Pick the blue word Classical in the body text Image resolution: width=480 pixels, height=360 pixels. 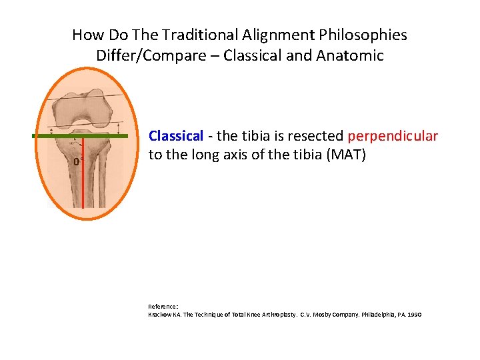[x=175, y=136]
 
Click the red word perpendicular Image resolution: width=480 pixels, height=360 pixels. [x=393, y=137]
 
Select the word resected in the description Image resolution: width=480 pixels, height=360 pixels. [x=316, y=136]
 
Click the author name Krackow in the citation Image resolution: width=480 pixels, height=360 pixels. [x=161, y=314]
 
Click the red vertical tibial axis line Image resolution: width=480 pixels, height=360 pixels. [x=83, y=187]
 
